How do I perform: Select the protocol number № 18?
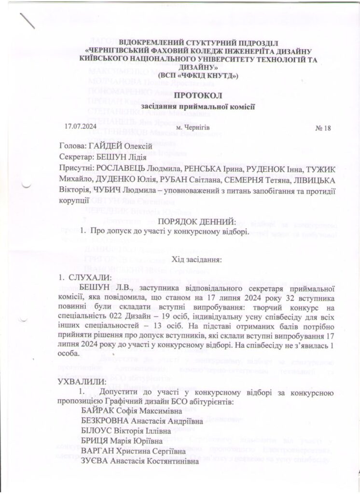click(320, 128)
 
